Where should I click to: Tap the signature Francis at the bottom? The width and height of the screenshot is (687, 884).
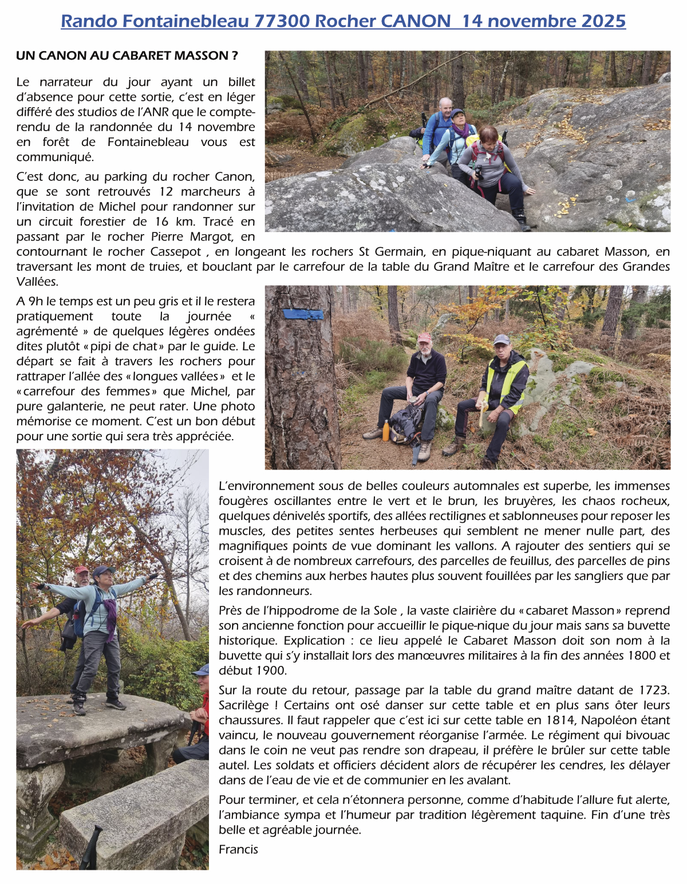click(x=238, y=849)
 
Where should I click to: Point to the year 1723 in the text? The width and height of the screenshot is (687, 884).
click(x=652, y=690)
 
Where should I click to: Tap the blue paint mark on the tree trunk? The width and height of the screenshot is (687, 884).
click(x=303, y=314)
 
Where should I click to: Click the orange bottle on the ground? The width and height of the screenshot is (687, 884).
click(x=386, y=430)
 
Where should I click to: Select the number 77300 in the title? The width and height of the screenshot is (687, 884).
click(x=282, y=21)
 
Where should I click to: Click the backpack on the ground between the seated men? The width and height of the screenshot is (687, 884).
click(x=408, y=424)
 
